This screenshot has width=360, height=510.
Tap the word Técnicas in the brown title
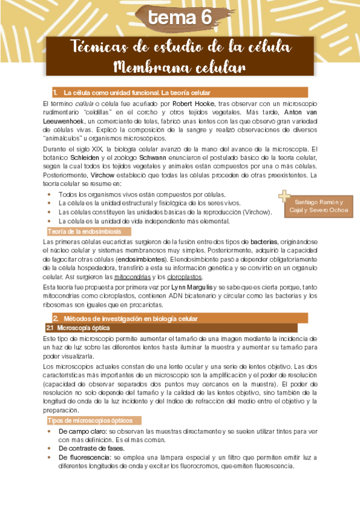coord(100,46)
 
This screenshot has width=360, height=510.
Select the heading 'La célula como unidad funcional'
coord(137,93)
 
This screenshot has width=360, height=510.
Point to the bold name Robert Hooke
coord(191,103)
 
